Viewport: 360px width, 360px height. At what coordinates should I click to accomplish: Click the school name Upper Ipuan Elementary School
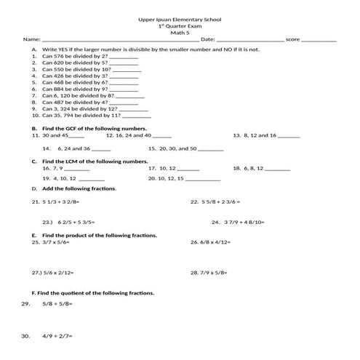point(180,19)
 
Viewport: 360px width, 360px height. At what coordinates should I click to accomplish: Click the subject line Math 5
point(179,32)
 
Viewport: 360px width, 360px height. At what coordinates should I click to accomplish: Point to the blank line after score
point(318,40)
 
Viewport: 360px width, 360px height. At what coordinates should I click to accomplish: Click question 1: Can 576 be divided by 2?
point(75,55)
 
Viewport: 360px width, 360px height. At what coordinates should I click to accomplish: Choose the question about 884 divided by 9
point(75,89)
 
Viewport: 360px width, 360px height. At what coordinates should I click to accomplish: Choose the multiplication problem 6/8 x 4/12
point(216,242)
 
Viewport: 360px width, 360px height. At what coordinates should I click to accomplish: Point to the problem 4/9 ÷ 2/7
point(58,336)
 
